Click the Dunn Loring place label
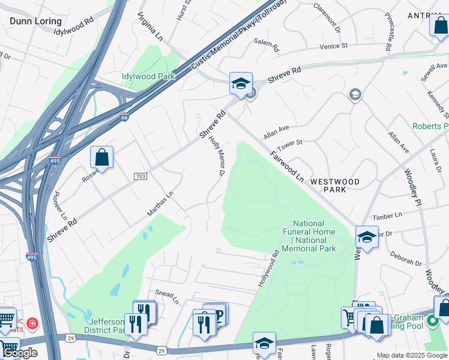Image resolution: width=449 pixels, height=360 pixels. (x=35, y=21)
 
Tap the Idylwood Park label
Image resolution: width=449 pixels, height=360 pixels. (x=148, y=76)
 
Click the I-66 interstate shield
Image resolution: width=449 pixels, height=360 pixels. (x=124, y=116)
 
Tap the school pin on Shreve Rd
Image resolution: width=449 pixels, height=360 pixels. (x=241, y=83)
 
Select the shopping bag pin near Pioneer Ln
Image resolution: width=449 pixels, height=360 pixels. (x=102, y=157)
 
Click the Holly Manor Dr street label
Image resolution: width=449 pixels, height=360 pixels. (x=216, y=157)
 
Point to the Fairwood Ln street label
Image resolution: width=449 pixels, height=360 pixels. (x=287, y=166)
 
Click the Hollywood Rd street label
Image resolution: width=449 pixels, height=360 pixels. (x=269, y=268)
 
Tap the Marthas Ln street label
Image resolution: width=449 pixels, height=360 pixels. (x=160, y=203)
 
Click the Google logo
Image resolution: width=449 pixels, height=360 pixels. (x=19, y=353)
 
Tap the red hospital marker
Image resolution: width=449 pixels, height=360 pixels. (x=32, y=323)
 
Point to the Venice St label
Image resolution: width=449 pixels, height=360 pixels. (x=333, y=46)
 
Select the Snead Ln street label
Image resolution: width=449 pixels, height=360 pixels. (x=167, y=295)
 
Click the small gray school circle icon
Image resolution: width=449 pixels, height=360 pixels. (x=355, y=95)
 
